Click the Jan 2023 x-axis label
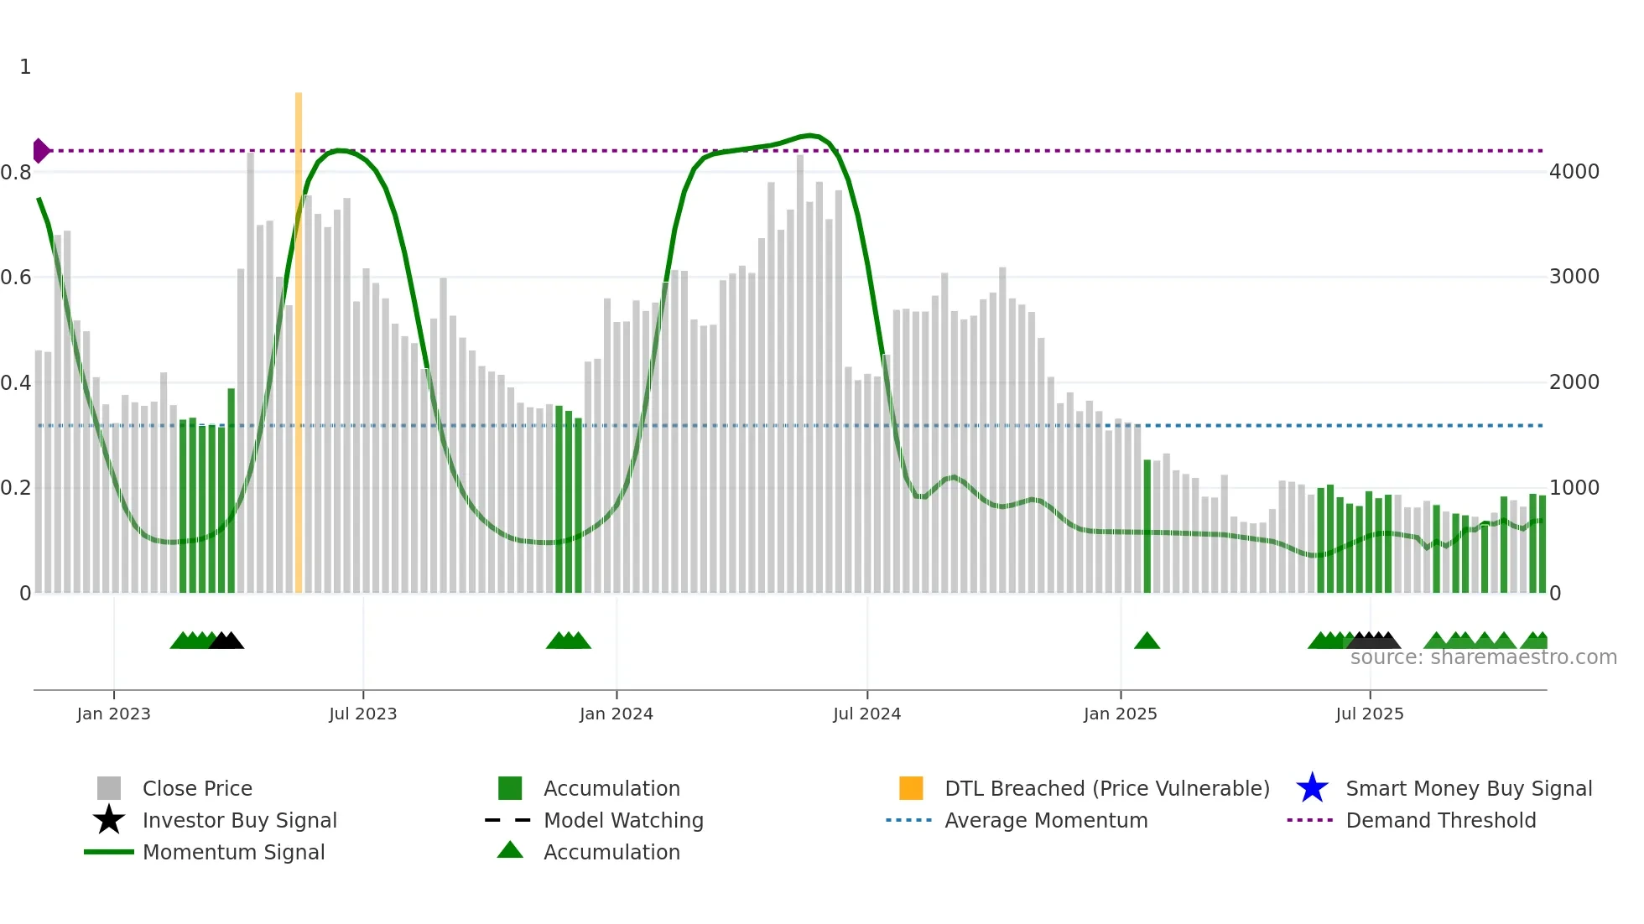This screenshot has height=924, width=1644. [x=113, y=714]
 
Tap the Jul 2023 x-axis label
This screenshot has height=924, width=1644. [x=362, y=714]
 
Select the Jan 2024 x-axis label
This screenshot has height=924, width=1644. [x=616, y=714]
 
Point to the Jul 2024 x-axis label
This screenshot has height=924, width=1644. [x=866, y=714]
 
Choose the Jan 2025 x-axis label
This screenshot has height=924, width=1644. [x=1120, y=714]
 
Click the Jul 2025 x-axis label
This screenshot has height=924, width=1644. [x=1369, y=714]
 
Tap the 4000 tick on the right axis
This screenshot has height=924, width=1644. [x=1574, y=172]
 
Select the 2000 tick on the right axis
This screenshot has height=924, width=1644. [x=1574, y=382]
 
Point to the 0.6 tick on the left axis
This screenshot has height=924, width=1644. [x=16, y=278]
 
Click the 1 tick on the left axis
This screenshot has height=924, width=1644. [x=25, y=67]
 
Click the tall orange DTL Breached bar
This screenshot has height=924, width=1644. [x=299, y=335]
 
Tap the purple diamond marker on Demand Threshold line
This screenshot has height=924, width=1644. [x=40, y=151]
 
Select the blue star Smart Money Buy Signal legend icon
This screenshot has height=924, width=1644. [x=1312, y=788]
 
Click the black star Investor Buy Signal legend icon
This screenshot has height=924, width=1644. [x=109, y=820]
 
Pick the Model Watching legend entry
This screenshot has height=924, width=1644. [x=623, y=820]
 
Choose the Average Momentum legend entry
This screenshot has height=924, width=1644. [x=1046, y=820]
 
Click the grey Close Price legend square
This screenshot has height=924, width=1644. [x=109, y=788]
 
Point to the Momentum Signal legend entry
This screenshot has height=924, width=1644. [x=233, y=852]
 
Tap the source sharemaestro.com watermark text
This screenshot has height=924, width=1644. [x=1483, y=657]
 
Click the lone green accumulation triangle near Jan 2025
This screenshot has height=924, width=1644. [x=1147, y=641]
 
